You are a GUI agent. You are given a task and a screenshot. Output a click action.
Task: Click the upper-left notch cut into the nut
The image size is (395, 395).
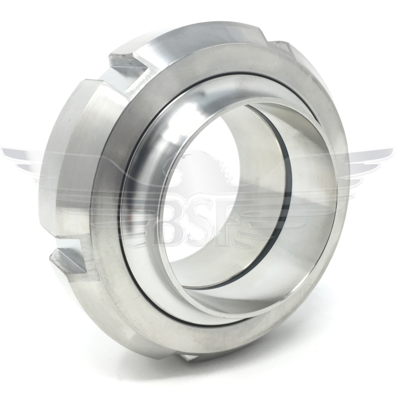[126, 63]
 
